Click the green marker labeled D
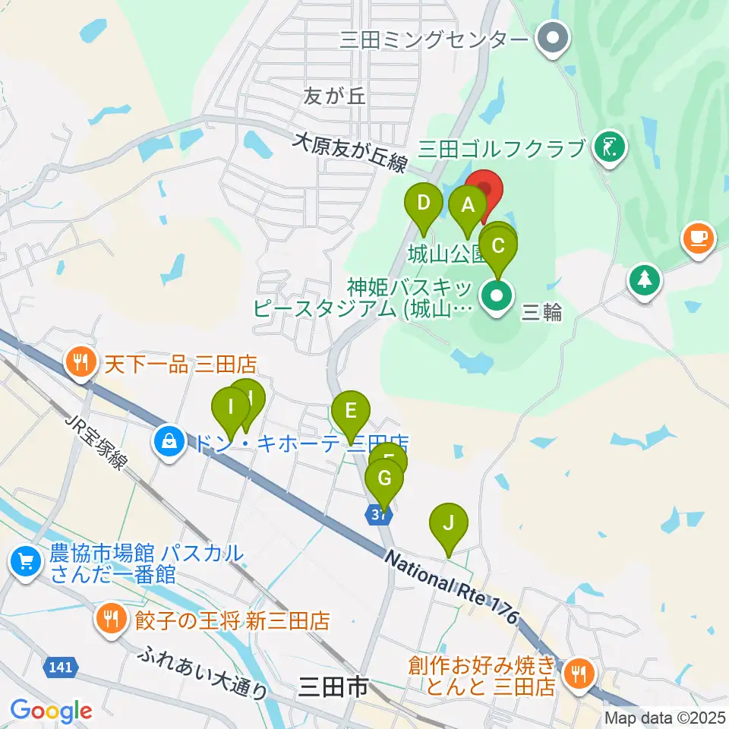click(x=424, y=204)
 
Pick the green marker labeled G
click(x=384, y=479)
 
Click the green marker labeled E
click(x=351, y=412)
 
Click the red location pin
click(x=484, y=190)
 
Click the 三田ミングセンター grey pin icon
click(x=554, y=38)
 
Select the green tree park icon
click(x=645, y=279)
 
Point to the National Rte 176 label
click(x=451, y=588)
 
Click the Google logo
click(x=51, y=710)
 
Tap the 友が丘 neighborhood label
click(x=334, y=96)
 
